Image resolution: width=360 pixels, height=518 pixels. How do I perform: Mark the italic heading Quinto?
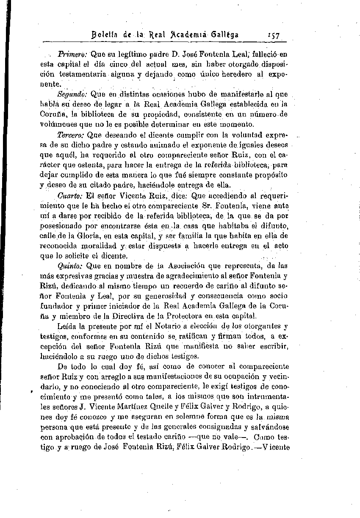coord(70,266)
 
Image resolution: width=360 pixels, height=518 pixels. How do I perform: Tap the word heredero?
coord(236,74)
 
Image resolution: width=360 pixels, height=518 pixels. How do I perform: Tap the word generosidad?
coord(163,296)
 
